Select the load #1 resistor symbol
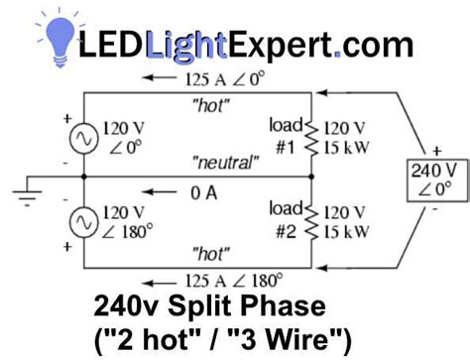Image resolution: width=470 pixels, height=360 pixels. click(x=314, y=137)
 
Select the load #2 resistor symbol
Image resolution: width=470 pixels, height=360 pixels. click(x=314, y=220)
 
